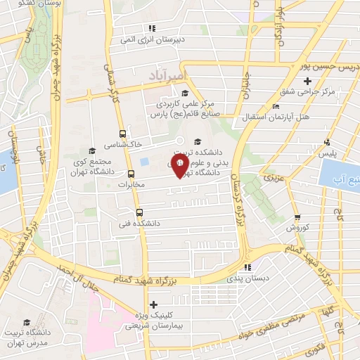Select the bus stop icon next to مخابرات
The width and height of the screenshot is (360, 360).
click(x=131, y=174)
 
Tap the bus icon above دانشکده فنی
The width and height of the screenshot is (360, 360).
click(x=139, y=212)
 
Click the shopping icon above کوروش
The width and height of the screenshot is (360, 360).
click(x=297, y=218)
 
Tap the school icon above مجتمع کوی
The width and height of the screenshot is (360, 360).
click(x=92, y=150)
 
